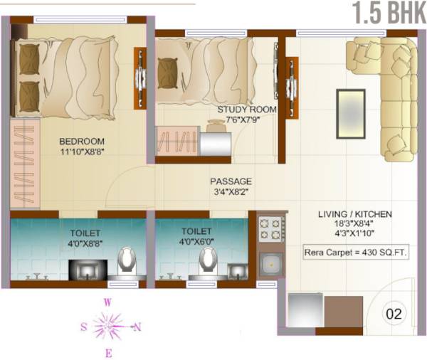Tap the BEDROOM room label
tap(81, 141)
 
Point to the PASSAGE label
tap(231, 181)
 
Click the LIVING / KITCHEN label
tap(356, 214)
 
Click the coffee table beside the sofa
tap(351, 111)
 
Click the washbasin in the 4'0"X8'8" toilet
tap(87, 269)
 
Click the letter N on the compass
tap(137, 327)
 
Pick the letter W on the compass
tap(107, 302)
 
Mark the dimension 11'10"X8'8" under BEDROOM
tap(81, 152)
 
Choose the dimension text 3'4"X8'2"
tap(231, 192)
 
